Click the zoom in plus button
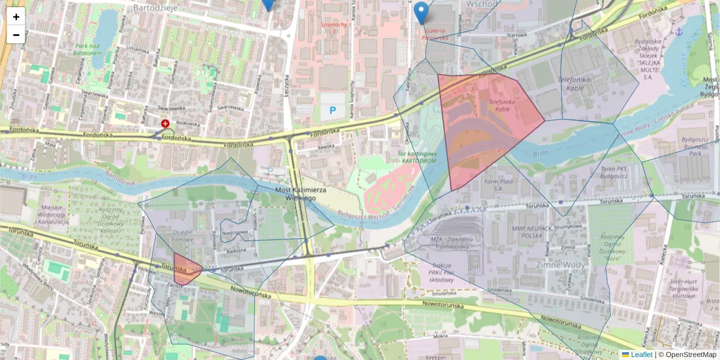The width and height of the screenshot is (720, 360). pyautogui.click(x=16, y=17)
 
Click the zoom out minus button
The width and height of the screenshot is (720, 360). pyautogui.click(x=16, y=35)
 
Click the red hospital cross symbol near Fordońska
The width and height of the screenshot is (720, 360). pyautogui.click(x=165, y=124)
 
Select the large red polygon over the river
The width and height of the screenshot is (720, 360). pyautogui.click(x=483, y=126)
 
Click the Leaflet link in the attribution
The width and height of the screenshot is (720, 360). pyautogui.click(x=641, y=355)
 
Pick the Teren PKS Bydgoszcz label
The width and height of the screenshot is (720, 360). pyautogui.click(x=613, y=172)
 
